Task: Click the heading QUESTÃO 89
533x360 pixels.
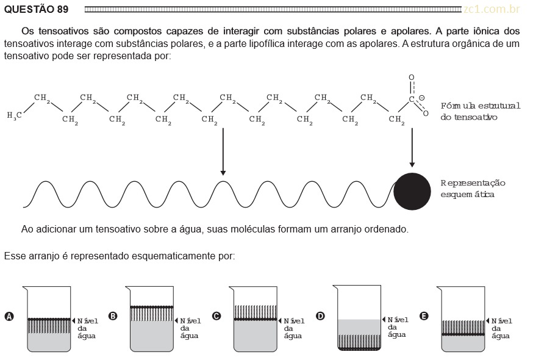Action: click(37, 9)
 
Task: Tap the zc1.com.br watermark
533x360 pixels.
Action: click(492, 9)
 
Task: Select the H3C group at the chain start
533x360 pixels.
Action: click(14, 116)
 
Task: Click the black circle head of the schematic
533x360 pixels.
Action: click(412, 191)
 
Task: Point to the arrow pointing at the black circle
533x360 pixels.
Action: click(412, 148)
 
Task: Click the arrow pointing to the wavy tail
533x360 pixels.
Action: click(223, 152)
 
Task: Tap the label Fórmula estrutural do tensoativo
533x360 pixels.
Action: click(481, 111)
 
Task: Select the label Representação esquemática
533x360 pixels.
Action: click(473, 189)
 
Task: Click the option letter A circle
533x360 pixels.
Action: click(9, 317)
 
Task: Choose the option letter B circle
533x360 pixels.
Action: click(113, 316)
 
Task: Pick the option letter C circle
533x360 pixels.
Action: click(216, 316)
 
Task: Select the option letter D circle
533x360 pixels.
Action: click(320, 316)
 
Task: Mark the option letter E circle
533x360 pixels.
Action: click(424, 316)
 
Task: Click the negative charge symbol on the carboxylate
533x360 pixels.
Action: click(421, 98)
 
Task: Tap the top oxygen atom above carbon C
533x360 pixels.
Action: click(412, 77)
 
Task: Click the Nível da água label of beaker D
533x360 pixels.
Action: click(398, 327)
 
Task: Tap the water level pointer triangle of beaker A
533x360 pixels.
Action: click(73, 320)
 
